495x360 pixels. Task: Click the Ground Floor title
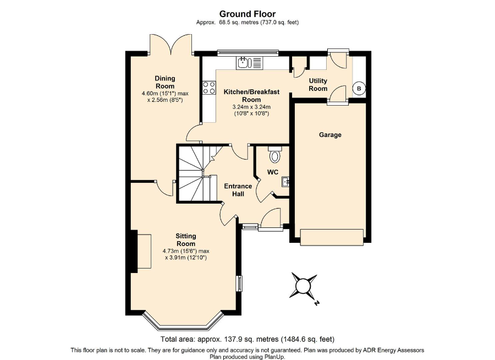pos(247,14)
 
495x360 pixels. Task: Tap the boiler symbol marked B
pos(359,89)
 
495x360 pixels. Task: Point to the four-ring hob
pos(209,88)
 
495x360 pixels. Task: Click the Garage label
pos(330,135)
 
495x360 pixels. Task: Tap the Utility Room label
pos(318,85)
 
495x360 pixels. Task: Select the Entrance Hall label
pos(238,190)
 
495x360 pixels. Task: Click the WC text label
pos(273,172)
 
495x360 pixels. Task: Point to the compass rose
pos(303,286)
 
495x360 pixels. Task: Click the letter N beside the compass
pos(317,303)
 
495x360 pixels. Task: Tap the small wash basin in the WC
pos(285,182)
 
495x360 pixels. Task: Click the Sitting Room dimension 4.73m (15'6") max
pos(186,251)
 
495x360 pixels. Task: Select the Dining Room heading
pos(165,82)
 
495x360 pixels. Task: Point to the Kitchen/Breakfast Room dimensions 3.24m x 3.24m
pos(251,107)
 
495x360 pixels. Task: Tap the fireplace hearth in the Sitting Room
pos(144,251)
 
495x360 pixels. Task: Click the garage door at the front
pos(332,237)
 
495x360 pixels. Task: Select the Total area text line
pos(247,340)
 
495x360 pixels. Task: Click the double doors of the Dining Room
pos(171,44)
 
